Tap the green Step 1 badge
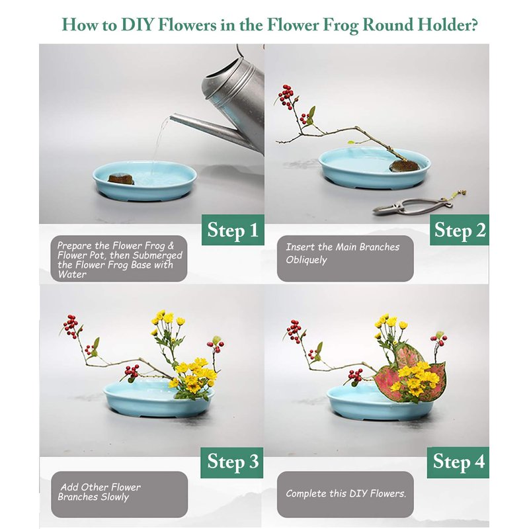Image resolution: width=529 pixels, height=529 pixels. [233, 229]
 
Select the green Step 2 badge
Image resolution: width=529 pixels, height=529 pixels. [459, 229]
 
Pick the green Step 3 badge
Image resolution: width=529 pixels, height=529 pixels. [232, 462]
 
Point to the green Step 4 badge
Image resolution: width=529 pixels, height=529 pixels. [458, 462]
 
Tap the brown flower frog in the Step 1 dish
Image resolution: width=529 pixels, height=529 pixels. [121, 179]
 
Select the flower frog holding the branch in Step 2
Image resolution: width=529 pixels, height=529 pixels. [405, 166]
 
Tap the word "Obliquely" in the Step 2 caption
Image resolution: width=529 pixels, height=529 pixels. [306, 260]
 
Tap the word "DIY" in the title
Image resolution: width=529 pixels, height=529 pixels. [138, 25]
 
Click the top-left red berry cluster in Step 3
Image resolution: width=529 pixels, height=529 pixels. [71, 326]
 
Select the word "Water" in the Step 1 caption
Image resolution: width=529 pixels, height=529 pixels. [72, 274]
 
